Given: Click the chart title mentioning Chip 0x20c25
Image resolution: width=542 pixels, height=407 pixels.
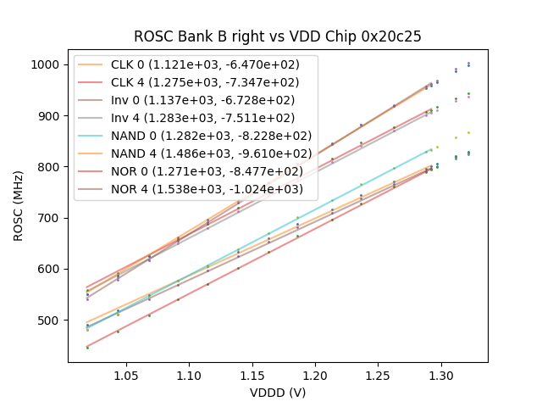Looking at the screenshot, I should pos(278,37).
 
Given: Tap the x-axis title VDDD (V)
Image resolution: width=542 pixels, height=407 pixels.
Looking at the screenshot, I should pos(278,393).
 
